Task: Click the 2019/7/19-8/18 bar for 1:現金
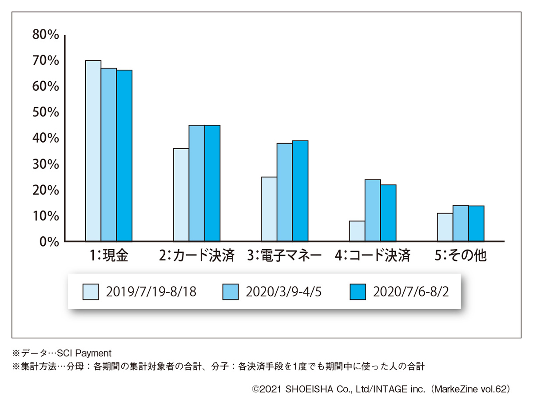93,151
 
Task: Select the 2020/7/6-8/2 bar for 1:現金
124,155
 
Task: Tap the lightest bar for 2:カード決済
181,195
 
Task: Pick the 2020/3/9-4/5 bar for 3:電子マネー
285,192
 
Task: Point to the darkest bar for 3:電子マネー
300,191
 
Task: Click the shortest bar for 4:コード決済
357,231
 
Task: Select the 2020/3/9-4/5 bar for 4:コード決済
373,211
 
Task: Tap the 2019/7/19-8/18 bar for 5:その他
445,227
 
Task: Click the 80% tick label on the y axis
46,35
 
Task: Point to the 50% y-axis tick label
46,112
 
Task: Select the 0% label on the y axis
48,242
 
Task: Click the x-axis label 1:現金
108,256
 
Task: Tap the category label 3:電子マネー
285,256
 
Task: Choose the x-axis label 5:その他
461,256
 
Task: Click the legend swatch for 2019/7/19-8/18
91,292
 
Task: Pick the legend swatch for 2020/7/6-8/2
358,292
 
